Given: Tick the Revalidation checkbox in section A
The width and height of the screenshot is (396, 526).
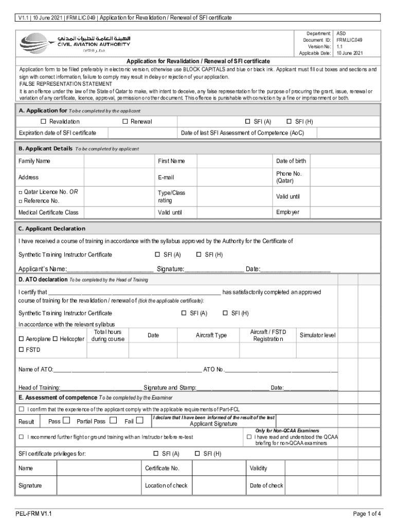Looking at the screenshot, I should click(44, 122).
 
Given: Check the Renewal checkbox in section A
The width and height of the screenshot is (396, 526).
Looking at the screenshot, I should click(125, 122).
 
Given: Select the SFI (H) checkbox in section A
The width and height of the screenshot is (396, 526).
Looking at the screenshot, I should click(289, 122).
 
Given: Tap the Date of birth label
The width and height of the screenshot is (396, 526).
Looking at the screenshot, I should click(291, 161).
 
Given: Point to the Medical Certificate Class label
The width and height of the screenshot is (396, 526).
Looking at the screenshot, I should click(48, 212).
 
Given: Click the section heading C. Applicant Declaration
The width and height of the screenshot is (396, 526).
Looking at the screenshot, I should click(52, 229).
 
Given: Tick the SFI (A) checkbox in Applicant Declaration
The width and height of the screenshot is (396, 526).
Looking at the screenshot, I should click(157, 254).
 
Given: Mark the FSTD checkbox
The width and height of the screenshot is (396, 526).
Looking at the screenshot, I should click(22, 350).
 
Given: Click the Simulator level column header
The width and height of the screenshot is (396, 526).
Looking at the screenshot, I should click(317, 335).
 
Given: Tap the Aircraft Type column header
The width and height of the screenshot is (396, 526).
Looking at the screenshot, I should click(211, 335).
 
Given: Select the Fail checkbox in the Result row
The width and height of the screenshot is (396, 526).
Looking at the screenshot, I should click(139, 421).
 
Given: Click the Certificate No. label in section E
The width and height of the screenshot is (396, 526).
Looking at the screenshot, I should click(162, 468).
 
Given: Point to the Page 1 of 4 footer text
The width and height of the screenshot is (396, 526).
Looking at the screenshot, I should click(366, 514).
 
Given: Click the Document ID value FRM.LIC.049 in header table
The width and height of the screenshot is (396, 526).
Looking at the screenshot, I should click(350, 40).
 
